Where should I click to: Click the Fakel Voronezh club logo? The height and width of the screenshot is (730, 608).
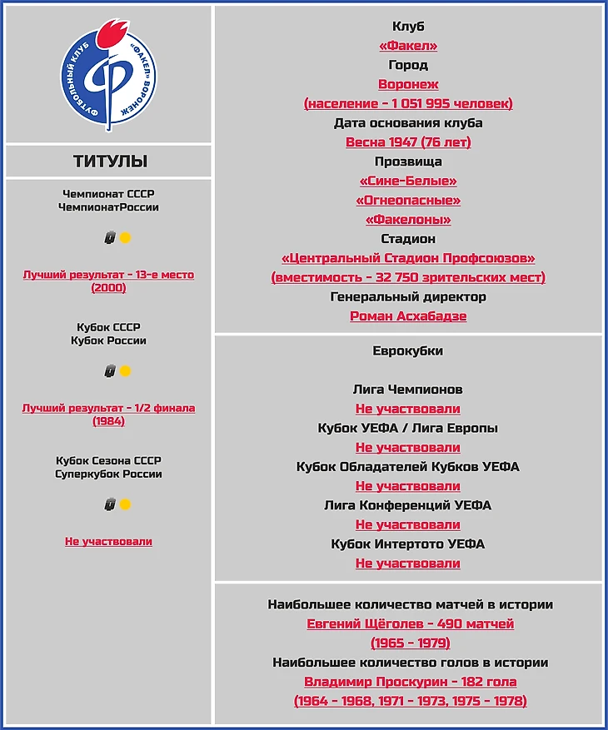109,75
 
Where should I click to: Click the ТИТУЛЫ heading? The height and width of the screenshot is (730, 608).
109,161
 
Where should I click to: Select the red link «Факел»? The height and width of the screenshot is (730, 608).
408,46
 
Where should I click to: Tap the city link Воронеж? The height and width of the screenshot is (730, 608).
408,84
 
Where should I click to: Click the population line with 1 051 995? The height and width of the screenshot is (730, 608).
408,103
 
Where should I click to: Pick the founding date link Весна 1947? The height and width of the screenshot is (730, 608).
408,142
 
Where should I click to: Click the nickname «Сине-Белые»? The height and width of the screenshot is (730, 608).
408,181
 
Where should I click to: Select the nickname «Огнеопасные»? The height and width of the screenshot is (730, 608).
408,201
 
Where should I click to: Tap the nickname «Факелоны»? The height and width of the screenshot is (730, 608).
408,220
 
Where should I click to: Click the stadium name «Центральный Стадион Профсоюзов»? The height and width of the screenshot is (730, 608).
408,258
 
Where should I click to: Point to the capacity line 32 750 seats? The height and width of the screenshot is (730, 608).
408,277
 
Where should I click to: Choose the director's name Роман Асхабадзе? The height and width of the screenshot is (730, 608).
408,316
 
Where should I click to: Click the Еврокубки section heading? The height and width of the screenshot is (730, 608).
408,350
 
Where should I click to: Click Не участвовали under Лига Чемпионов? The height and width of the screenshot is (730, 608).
408,409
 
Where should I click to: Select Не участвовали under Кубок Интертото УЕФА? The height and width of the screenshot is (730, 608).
408,564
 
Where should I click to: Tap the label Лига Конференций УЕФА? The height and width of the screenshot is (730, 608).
408,505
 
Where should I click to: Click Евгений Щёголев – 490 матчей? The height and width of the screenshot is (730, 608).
410,623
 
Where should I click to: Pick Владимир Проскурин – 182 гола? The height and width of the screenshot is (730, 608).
410,682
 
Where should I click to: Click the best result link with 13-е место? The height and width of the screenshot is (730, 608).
109,275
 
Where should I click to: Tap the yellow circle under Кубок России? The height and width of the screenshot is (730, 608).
125,371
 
